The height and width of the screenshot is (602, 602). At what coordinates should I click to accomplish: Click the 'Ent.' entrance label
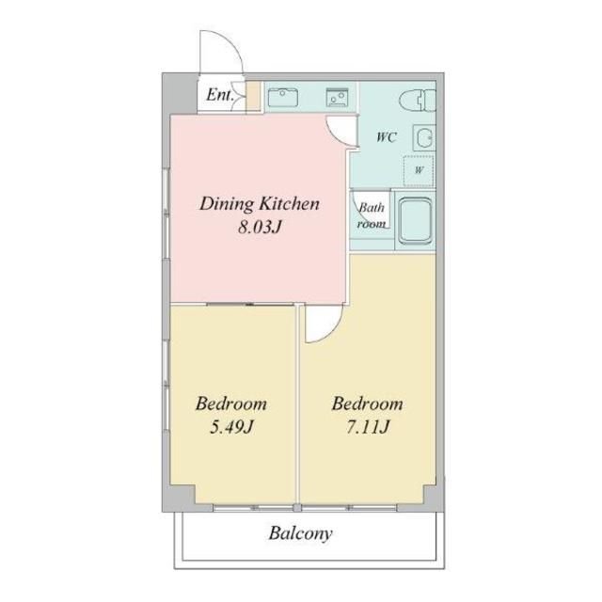(219, 95)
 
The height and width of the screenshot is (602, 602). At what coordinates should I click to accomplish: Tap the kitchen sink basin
(283, 98)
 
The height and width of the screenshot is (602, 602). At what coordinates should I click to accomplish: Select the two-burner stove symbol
(337, 97)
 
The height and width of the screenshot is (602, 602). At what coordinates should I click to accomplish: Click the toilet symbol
(418, 102)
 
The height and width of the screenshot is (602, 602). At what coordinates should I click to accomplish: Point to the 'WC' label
(387, 137)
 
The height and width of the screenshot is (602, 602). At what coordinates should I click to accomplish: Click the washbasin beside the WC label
(424, 137)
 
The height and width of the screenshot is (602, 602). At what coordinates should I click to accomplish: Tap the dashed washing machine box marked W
(419, 170)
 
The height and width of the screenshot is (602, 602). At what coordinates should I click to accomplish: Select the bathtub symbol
(415, 220)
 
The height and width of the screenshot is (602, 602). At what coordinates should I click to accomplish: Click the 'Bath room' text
(372, 215)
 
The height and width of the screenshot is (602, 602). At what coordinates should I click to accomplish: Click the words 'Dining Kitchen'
(260, 203)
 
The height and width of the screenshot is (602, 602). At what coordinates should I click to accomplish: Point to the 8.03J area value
(260, 228)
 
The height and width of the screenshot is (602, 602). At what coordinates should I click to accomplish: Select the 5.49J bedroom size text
(231, 427)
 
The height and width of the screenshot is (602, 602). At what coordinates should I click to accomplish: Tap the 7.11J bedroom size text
(368, 427)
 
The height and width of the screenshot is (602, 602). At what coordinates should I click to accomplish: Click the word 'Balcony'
(300, 533)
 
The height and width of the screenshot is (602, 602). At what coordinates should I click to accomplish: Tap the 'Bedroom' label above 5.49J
(231, 404)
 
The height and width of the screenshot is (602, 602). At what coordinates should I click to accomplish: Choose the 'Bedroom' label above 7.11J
(368, 404)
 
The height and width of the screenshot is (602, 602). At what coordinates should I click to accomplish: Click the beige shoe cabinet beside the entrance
(253, 96)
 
